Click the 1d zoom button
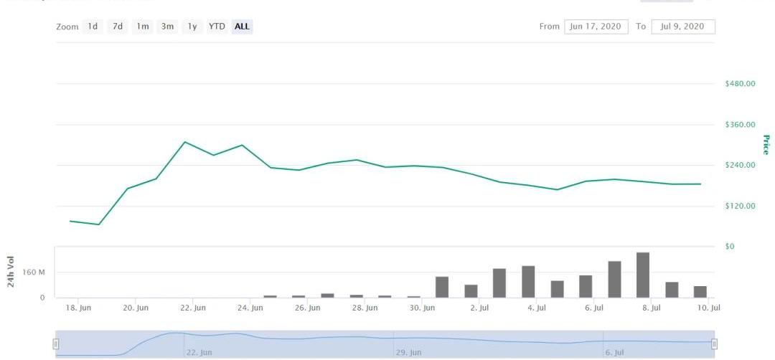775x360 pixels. (93, 27)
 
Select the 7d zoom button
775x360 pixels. (117, 27)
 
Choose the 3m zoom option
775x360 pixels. (167, 27)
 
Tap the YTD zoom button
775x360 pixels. (217, 27)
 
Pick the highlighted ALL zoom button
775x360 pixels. (243, 27)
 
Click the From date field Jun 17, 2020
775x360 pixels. (596, 27)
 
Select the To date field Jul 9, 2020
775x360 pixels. (683, 27)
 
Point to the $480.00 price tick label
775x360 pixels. (741, 84)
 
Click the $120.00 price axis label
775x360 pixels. (741, 207)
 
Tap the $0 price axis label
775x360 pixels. (731, 247)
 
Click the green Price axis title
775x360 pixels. (766, 145)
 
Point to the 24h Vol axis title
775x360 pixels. (11, 272)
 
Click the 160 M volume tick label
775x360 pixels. (33, 273)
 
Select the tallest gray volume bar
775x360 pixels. (643, 275)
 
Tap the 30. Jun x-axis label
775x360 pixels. (422, 308)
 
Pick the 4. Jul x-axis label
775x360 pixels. (536, 308)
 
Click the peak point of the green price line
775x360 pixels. (185, 142)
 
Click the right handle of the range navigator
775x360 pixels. (714, 344)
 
